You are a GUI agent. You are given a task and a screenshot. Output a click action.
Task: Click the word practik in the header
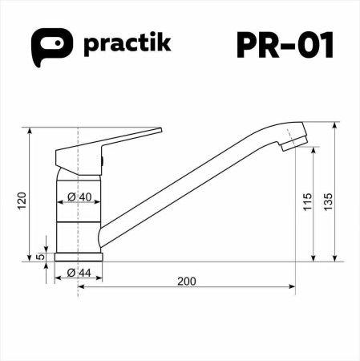pyautogui.click(x=127, y=44)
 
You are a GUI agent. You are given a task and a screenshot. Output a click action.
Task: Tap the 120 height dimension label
pyautogui.click(x=22, y=200)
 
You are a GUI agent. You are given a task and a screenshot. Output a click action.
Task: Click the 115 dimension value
pyautogui.click(x=306, y=201)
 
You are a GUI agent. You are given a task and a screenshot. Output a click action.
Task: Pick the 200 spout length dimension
pyautogui.click(x=186, y=281)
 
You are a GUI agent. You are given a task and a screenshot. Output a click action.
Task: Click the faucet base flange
pyautogui.click(x=79, y=257)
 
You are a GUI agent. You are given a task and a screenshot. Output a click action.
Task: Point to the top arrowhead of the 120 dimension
pyautogui.click(x=30, y=131)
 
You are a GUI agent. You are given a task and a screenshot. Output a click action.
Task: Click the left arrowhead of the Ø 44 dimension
pyautogui.click(x=58, y=279)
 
